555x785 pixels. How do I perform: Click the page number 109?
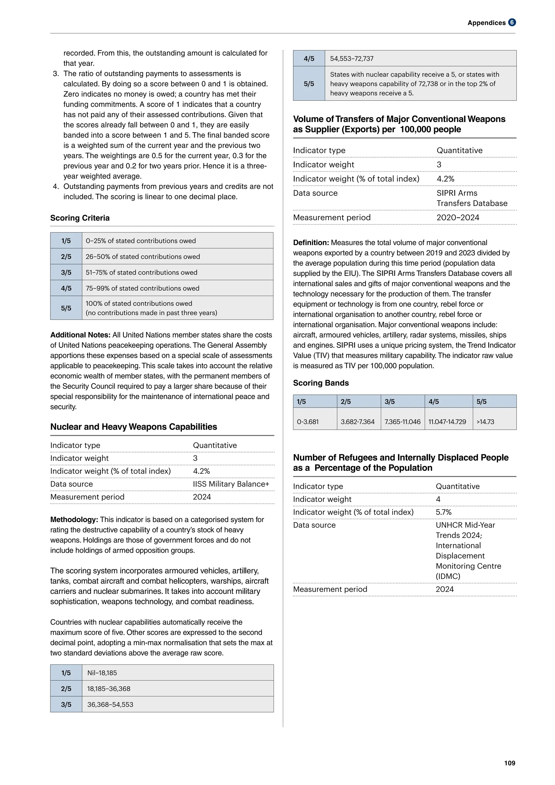(509, 763)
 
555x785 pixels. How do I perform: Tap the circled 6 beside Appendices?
(512, 22)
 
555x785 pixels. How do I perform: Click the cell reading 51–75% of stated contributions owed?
(141, 272)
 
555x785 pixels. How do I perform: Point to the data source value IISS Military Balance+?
(231, 484)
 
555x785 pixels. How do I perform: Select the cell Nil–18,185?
(102, 673)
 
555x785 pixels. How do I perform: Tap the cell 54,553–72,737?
(352, 59)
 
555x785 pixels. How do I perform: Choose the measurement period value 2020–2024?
(458, 217)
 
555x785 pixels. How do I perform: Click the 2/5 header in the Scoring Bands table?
(346, 401)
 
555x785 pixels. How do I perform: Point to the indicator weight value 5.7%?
(443, 512)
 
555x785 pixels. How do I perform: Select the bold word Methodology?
(74, 519)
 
